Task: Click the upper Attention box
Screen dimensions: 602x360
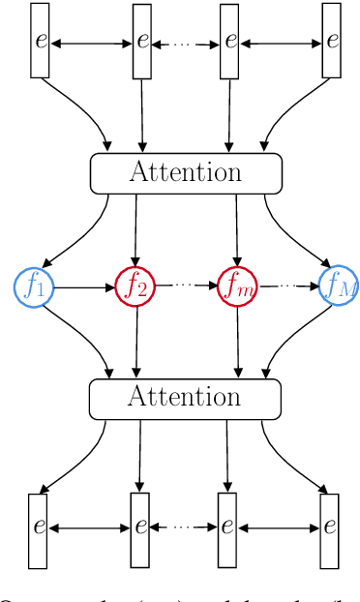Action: (186, 172)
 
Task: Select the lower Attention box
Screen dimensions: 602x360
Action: (185, 398)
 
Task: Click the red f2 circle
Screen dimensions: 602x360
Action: (135, 286)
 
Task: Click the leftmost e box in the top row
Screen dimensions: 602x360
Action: (40, 41)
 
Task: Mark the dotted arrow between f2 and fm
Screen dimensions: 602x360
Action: (185, 286)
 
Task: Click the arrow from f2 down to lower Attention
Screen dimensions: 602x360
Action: (135, 342)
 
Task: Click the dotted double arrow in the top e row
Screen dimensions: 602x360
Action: (187, 42)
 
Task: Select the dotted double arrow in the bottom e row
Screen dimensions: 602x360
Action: (184, 528)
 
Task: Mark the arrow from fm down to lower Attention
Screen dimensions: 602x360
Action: (237, 342)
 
